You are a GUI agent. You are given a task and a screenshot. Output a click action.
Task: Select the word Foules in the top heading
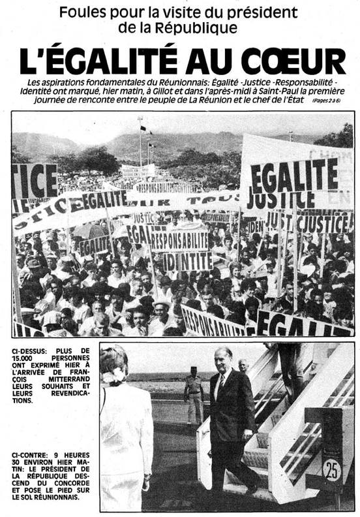(x=98, y=12)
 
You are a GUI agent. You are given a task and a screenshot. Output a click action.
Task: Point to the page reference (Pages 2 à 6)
(x=329, y=101)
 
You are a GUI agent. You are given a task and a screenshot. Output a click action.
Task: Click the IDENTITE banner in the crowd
(x=188, y=261)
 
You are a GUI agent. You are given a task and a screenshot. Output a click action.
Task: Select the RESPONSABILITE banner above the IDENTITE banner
(x=179, y=241)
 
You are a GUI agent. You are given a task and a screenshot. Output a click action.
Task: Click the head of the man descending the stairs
(x=224, y=358)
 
